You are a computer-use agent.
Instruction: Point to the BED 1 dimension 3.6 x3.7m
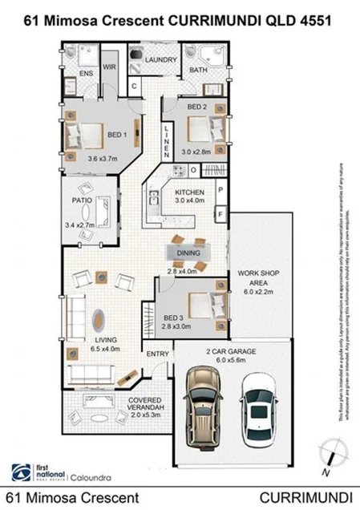tap(102, 159)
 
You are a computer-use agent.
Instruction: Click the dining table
tap(189, 253)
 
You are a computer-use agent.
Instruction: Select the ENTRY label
tap(156, 354)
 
